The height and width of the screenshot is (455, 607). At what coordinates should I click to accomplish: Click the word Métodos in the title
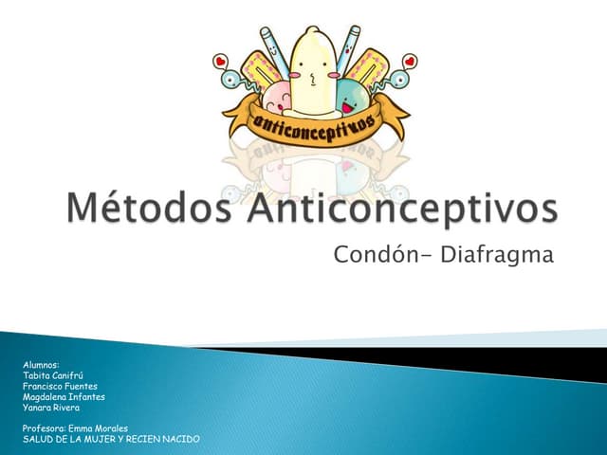click(149, 209)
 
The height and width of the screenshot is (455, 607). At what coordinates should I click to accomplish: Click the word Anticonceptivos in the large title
click(402, 209)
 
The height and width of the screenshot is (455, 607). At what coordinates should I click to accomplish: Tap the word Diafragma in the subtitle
click(497, 255)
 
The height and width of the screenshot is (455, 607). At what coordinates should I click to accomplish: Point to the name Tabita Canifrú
click(53, 375)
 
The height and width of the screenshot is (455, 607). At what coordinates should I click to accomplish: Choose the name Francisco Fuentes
click(60, 386)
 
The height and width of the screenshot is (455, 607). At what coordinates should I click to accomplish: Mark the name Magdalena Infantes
click(64, 397)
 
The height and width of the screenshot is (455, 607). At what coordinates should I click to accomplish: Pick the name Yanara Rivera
click(51, 408)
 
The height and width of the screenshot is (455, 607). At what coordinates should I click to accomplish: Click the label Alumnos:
click(41, 365)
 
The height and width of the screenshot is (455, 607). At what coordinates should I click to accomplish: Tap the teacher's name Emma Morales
click(98, 428)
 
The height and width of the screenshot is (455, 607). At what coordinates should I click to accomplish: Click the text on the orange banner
click(314, 124)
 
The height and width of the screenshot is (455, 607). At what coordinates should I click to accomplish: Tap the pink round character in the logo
click(276, 97)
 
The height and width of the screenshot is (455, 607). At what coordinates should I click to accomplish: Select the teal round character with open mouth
click(352, 97)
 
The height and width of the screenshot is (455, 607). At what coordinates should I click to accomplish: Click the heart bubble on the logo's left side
click(220, 62)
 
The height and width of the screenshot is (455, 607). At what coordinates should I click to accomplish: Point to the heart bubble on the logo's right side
click(409, 62)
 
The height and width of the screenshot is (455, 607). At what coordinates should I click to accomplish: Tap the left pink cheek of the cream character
click(295, 75)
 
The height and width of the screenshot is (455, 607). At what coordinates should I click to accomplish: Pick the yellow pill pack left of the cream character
click(261, 71)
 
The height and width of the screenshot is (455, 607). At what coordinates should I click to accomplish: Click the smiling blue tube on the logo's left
click(274, 50)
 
